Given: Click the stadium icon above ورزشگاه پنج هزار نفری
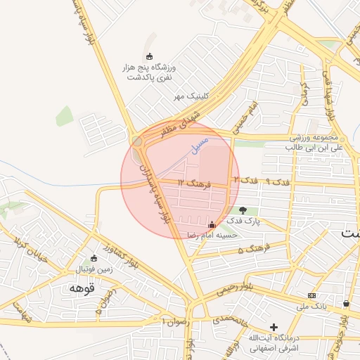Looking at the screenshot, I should pyautogui.click(x=148, y=56).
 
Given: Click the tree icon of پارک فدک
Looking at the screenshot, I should pyautogui.click(x=243, y=210).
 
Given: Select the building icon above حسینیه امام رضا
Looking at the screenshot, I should pyautogui.click(x=212, y=224).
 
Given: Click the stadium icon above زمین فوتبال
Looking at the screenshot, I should pyautogui.click(x=95, y=257).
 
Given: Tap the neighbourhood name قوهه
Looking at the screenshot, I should pyautogui.click(x=82, y=288).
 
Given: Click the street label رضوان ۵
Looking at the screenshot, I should pyautogui.click(x=106, y=304).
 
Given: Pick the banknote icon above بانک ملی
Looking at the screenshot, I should pyautogui.click(x=311, y=295).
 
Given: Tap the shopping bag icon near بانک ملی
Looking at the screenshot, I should pyautogui.click(x=347, y=303).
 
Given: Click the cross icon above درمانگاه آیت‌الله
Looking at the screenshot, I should pyautogui.click(x=274, y=327).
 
